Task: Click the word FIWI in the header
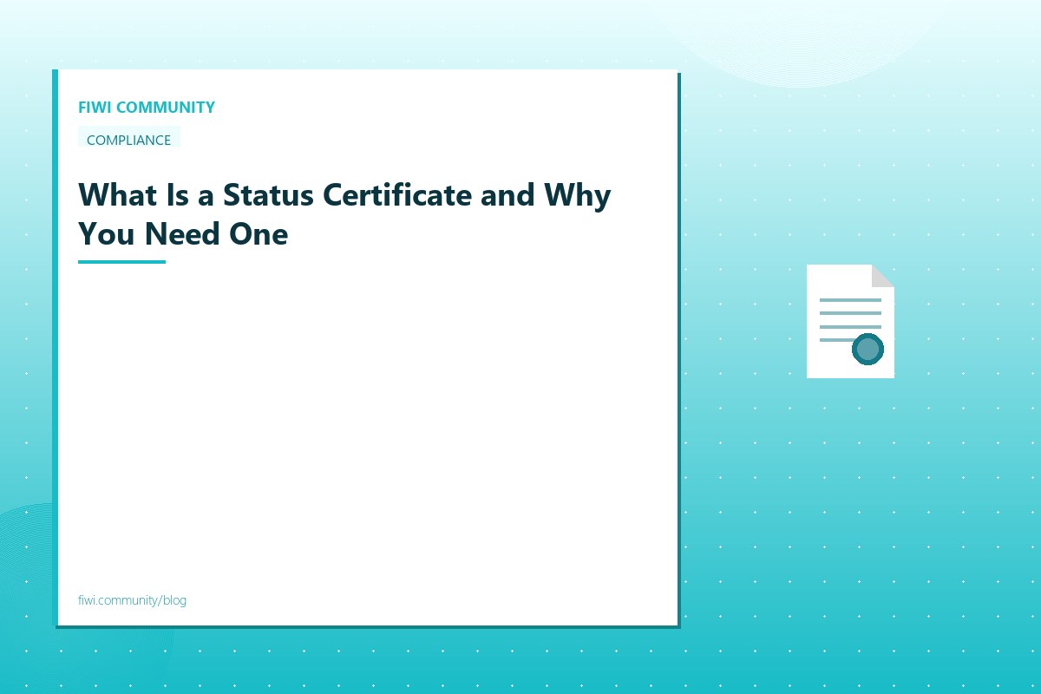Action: tap(95, 108)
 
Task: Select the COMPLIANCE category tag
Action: tap(128, 140)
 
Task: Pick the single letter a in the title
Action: tap(205, 196)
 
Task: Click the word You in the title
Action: tap(105, 233)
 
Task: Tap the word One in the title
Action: tap(259, 233)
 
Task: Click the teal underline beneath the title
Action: tap(121, 261)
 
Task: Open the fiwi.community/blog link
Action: tap(132, 600)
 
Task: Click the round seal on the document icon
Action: tap(867, 350)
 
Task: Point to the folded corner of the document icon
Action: tap(882, 276)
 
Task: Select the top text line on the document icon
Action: tap(850, 300)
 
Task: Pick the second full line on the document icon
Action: tap(850, 314)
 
